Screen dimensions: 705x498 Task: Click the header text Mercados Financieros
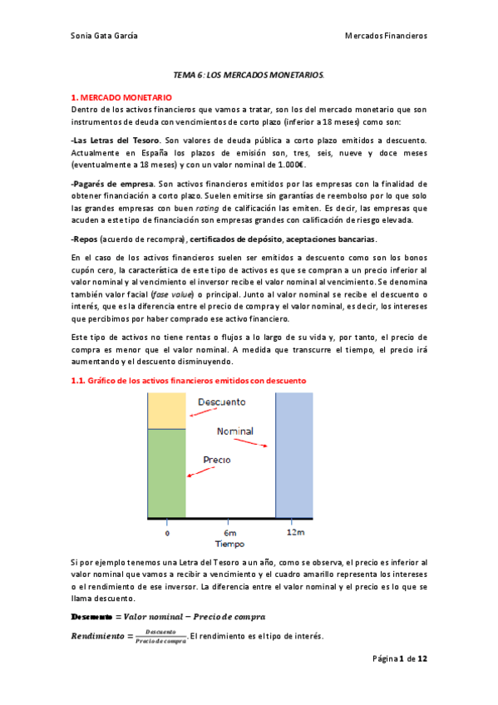pos(386,36)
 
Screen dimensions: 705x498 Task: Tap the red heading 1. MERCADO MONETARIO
pos(121,97)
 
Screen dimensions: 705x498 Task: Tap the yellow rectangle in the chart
pos(167,410)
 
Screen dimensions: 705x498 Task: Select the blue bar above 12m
pos(294,454)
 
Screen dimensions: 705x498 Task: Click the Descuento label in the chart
pos(221,402)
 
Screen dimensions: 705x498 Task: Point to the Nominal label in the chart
pos(235,431)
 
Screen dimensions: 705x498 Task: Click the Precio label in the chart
pos(217,460)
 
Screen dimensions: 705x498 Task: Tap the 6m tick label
pos(229,532)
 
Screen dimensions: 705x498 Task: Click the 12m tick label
pos(294,532)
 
